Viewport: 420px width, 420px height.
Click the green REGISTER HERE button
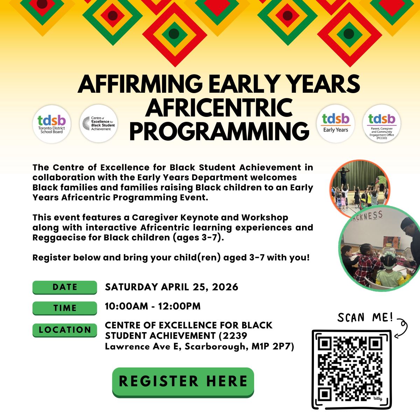pyautogui.click(x=183, y=381)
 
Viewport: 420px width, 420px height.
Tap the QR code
pyautogui.click(x=351, y=369)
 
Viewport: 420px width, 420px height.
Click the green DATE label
pyautogui.click(x=64, y=287)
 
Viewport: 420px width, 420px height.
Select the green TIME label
pyautogui.click(x=64, y=308)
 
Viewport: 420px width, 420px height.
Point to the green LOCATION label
pyautogui.click(x=64, y=330)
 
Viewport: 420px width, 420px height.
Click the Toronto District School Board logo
pyautogui.click(x=51, y=124)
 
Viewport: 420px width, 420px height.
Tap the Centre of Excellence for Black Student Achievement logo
pyautogui.click(x=99, y=124)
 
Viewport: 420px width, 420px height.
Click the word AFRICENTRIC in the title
pyautogui.click(x=219, y=107)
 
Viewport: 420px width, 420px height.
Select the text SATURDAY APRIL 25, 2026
pyautogui.click(x=171, y=287)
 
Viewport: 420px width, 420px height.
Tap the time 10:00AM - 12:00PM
pyautogui.click(x=153, y=306)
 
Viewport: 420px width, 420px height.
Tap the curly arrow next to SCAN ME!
pyautogui.click(x=402, y=327)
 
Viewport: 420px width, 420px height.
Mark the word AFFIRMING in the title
pyautogui.click(x=140, y=84)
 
